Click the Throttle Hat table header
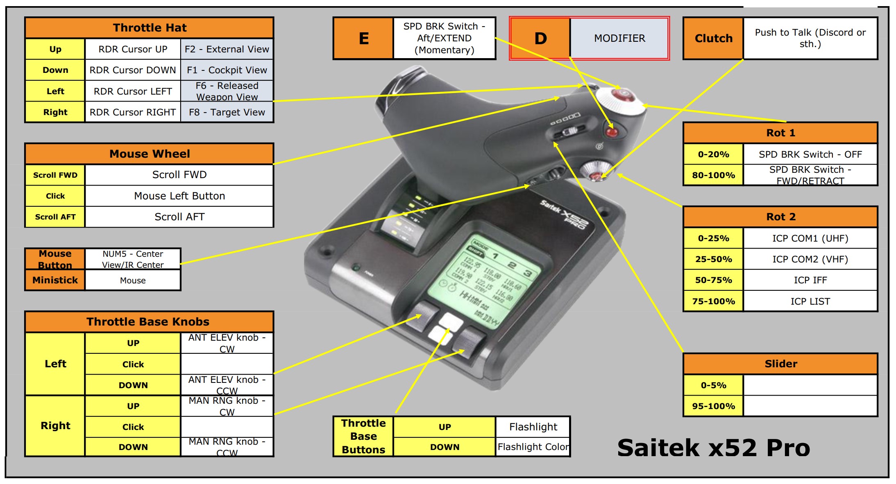(x=149, y=28)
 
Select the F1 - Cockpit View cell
(x=227, y=70)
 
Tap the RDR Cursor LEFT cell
(x=133, y=91)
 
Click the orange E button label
(x=363, y=38)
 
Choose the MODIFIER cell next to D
(x=619, y=38)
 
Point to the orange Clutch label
(x=713, y=38)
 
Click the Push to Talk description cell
(x=810, y=38)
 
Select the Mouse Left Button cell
(x=179, y=196)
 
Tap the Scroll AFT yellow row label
(x=55, y=217)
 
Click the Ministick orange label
(x=55, y=280)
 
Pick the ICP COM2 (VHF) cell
(x=810, y=259)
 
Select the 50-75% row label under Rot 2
(x=713, y=280)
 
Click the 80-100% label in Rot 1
(x=713, y=175)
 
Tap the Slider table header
(x=780, y=364)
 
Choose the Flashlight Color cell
(x=533, y=447)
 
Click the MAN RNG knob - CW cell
(x=227, y=406)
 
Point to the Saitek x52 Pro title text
(x=713, y=448)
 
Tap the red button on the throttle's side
(x=612, y=132)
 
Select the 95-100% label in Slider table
(x=713, y=406)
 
